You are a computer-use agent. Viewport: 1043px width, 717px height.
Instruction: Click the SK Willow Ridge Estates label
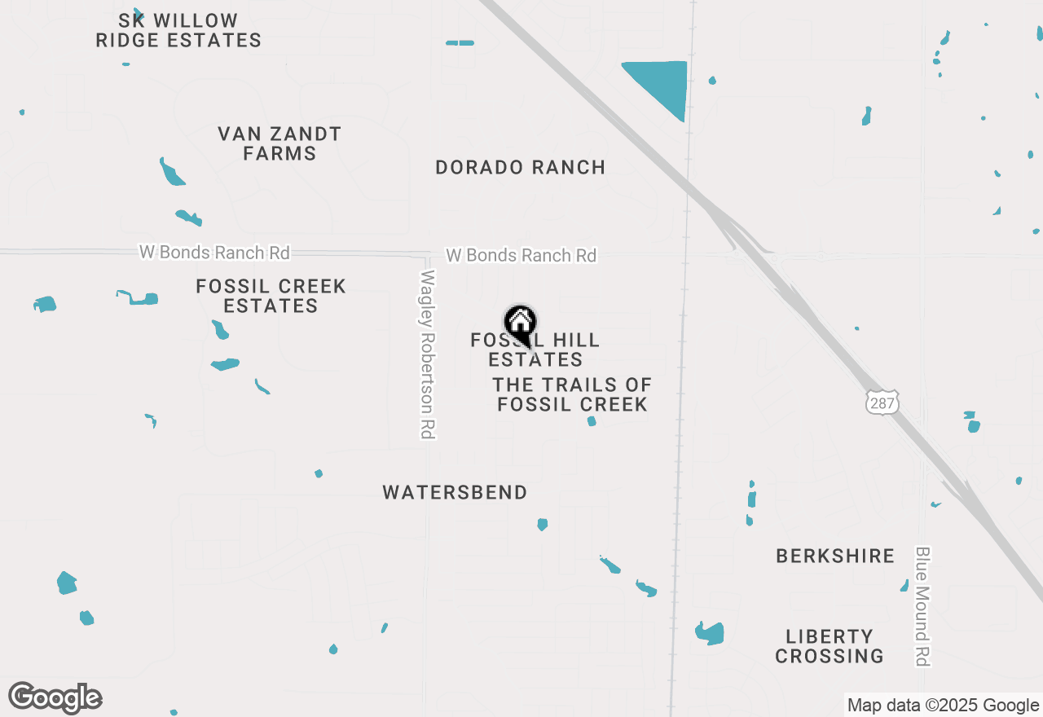(x=178, y=30)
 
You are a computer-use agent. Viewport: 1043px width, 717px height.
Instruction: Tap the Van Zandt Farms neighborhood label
(x=279, y=143)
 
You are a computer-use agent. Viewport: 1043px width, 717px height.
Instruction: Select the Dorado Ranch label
(x=520, y=168)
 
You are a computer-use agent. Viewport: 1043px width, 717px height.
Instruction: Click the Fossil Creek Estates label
(x=271, y=296)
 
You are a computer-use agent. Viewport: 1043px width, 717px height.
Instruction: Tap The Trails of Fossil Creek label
(x=572, y=394)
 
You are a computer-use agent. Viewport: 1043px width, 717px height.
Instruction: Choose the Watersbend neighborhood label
(x=455, y=493)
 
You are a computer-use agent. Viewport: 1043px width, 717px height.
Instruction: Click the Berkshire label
(x=835, y=556)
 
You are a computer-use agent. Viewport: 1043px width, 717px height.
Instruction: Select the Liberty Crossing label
(x=830, y=646)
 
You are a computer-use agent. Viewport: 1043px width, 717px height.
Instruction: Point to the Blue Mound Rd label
(x=922, y=605)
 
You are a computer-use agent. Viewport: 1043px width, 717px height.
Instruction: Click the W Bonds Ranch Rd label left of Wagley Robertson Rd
(x=214, y=253)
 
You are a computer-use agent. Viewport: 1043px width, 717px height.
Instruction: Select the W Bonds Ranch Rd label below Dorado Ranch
(x=521, y=255)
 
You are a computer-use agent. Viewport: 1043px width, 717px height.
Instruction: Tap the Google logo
(x=55, y=698)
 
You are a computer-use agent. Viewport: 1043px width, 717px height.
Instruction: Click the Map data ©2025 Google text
(x=943, y=706)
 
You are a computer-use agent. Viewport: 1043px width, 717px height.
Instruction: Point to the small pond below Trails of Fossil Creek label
(x=592, y=421)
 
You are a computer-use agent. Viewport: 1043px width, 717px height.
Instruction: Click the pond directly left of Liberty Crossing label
(x=710, y=632)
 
